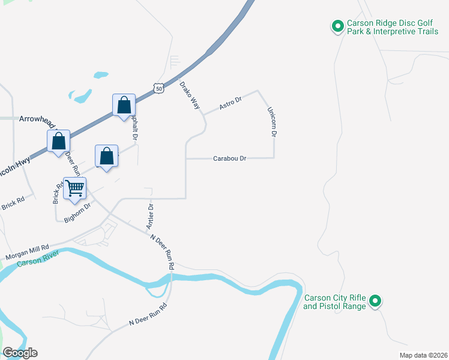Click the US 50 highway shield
point(158,88)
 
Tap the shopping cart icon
point(75,188)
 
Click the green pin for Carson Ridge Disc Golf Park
point(337,26)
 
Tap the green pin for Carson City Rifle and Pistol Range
point(375,301)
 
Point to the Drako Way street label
point(190,94)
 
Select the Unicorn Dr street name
point(271,122)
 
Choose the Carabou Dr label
point(230,158)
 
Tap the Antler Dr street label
point(150,216)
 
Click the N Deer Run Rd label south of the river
point(148,314)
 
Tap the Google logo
point(20,353)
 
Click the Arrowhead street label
point(36,119)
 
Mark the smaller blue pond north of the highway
point(101,75)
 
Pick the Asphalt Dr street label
point(135,127)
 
